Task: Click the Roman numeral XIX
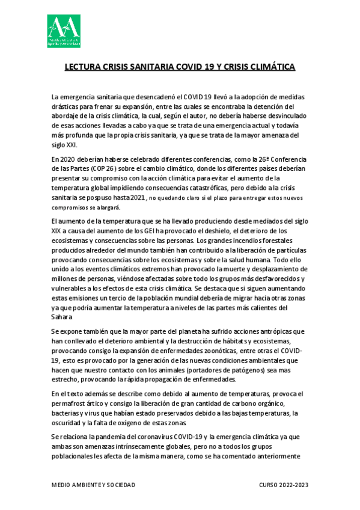click(59, 231)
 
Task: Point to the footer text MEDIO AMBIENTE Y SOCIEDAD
click(93, 485)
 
